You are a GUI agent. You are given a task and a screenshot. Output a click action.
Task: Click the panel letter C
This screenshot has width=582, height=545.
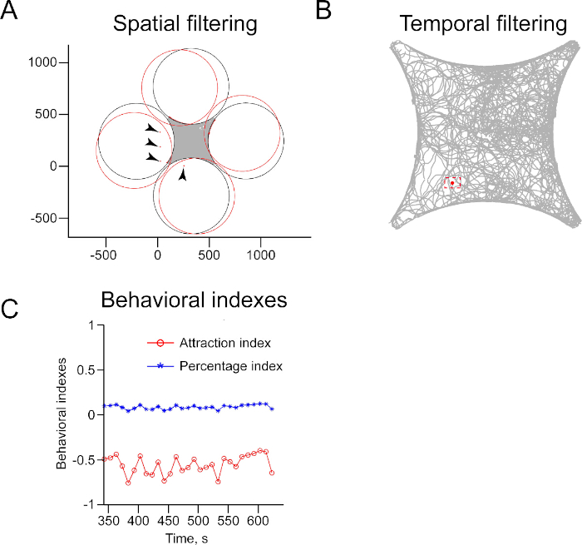point(11,310)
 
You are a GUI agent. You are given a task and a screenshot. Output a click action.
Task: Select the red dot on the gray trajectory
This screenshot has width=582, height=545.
point(452,183)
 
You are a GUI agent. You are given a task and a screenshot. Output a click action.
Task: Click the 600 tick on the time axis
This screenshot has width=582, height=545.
point(257,519)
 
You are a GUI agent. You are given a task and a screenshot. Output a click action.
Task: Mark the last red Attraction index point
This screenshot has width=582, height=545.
point(272,473)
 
